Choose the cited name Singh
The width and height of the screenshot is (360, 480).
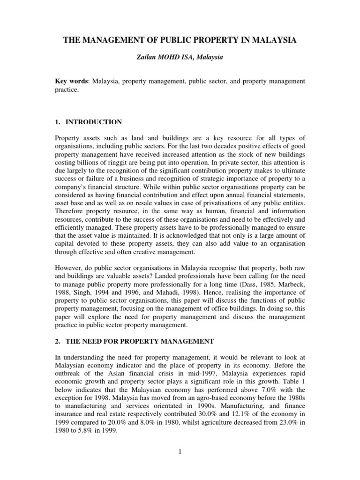coord(83,292)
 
